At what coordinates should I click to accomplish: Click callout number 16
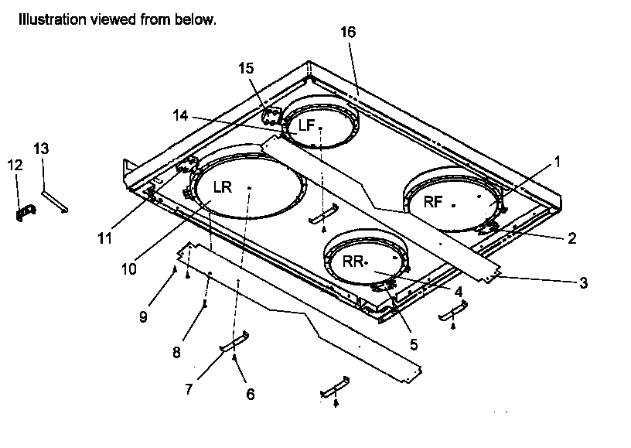click(x=348, y=32)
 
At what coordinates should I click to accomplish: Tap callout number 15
click(x=246, y=69)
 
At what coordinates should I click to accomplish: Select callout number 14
click(x=180, y=115)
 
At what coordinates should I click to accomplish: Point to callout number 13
click(x=41, y=147)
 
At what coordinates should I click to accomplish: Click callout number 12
click(x=15, y=165)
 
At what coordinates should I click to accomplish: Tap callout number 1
click(x=557, y=163)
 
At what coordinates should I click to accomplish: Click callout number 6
click(x=250, y=394)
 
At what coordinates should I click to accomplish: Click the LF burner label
click(x=308, y=125)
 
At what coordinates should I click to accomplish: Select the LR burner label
click(x=223, y=187)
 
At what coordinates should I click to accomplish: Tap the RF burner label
click(x=433, y=202)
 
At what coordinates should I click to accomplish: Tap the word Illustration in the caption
click(x=47, y=20)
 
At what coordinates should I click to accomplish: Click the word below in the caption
click(x=197, y=20)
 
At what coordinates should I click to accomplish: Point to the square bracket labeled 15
click(x=270, y=117)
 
